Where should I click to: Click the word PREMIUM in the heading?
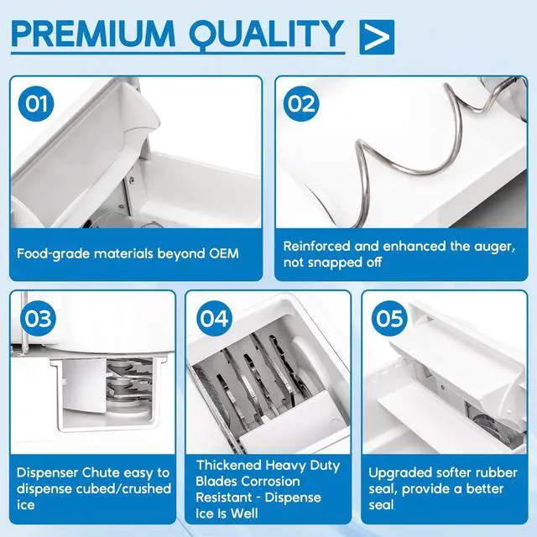point(93,34)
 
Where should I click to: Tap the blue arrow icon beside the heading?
point(377,37)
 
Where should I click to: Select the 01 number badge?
point(36,103)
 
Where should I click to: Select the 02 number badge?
point(301,103)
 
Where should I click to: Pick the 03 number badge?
point(38,318)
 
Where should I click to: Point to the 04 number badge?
point(214,318)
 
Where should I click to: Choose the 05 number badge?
point(389,318)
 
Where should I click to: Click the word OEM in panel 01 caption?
point(224,253)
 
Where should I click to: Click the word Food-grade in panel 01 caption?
point(54,254)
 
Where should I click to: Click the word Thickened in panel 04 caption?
point(229,465)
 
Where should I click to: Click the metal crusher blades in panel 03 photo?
point(129,383)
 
